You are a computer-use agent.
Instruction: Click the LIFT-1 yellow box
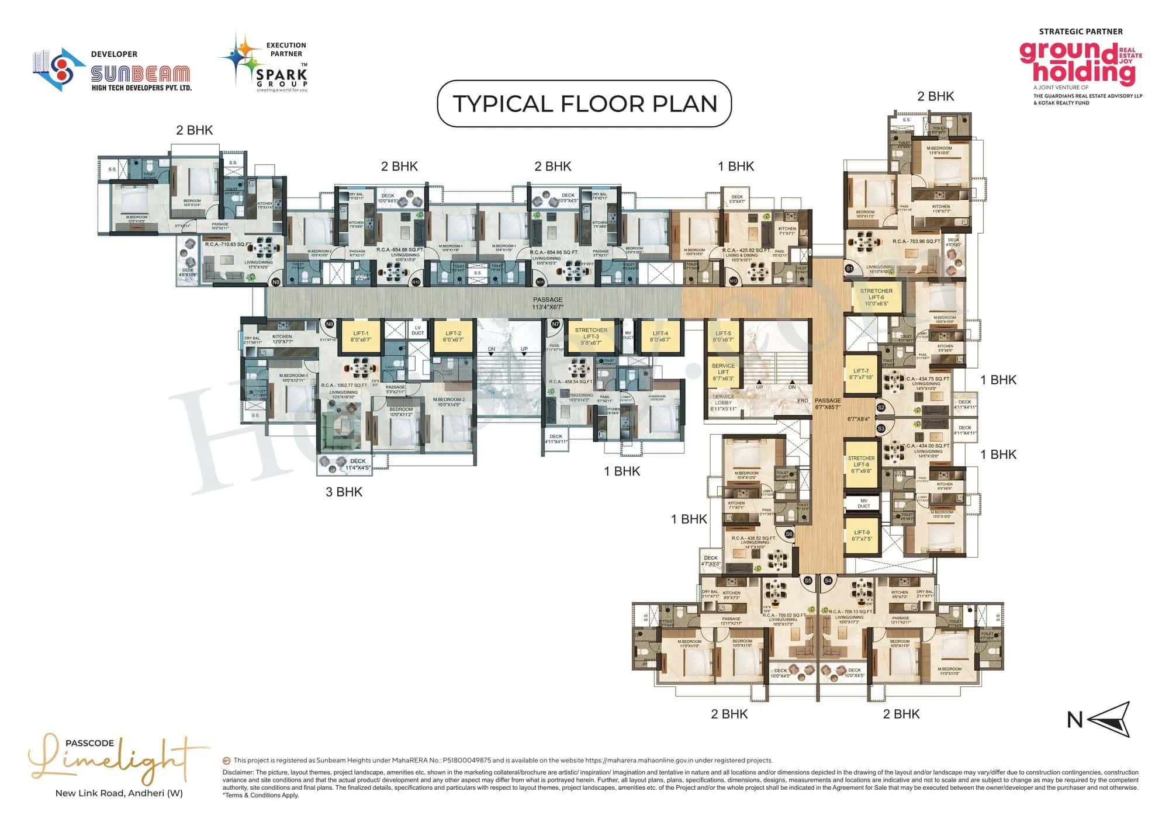[360, 336]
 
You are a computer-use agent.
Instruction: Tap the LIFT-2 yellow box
[453, 336]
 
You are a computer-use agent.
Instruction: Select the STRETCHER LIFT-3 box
[591, 336]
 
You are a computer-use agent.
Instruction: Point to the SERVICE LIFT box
[723, 372]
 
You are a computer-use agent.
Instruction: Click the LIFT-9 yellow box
[862, 535]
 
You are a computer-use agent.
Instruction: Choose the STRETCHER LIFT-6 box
[876, 297]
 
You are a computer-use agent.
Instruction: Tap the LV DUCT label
[417, 331]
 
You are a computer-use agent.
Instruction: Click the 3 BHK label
[344, 492]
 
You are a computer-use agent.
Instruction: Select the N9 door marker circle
[276, 282]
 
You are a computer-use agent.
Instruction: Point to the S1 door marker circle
[850, 269]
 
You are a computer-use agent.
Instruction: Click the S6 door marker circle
[789, 534]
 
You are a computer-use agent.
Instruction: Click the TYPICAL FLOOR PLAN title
[584, 104]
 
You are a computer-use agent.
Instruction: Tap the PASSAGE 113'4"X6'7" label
[547, 303]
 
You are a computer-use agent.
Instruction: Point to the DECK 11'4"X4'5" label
[358, 464]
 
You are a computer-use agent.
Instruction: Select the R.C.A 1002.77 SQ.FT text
[344, 386]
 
